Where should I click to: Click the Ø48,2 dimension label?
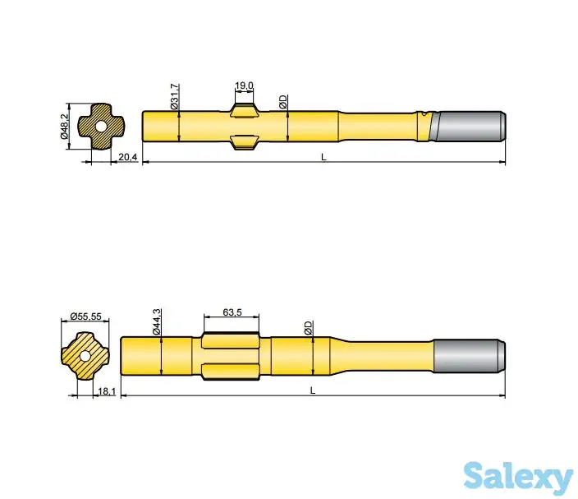64,127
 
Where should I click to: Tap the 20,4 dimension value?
126,156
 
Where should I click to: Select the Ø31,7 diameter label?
173,96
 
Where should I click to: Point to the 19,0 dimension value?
243,85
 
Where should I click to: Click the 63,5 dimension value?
232,312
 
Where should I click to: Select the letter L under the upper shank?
323,156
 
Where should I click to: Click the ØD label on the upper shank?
282,102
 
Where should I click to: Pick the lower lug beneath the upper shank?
245,142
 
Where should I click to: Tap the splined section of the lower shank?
231,354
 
